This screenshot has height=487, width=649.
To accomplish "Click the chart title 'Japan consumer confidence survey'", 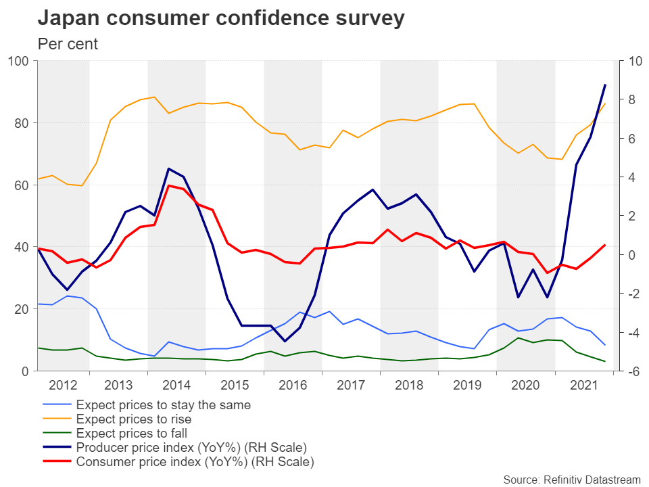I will pos(221,18).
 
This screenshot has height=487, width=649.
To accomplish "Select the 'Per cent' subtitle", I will pos(68,45).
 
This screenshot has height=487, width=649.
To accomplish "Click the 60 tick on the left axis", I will pos(22,185).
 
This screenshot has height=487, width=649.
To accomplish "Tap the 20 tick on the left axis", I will pos(22,309).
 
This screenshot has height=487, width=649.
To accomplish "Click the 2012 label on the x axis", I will pos(62,386).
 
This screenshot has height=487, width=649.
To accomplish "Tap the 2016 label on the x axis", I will pos(293,386).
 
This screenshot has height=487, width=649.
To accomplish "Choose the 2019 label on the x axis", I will pos(467,386).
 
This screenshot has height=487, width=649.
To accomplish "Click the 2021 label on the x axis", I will pos(583,386).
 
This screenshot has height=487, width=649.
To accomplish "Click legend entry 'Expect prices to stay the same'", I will pos(163,406).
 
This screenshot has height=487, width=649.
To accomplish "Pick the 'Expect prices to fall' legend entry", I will pos(132,434).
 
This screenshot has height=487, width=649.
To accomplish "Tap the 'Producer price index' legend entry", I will pos(191,448).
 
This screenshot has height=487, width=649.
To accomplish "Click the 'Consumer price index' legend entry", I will pos(195,463).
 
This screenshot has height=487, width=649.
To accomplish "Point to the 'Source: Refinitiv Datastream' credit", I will pos(571,480).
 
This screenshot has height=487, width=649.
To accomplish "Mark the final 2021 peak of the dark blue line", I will pos(604,85).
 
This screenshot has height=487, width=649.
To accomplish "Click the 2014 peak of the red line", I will pos(168,185).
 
